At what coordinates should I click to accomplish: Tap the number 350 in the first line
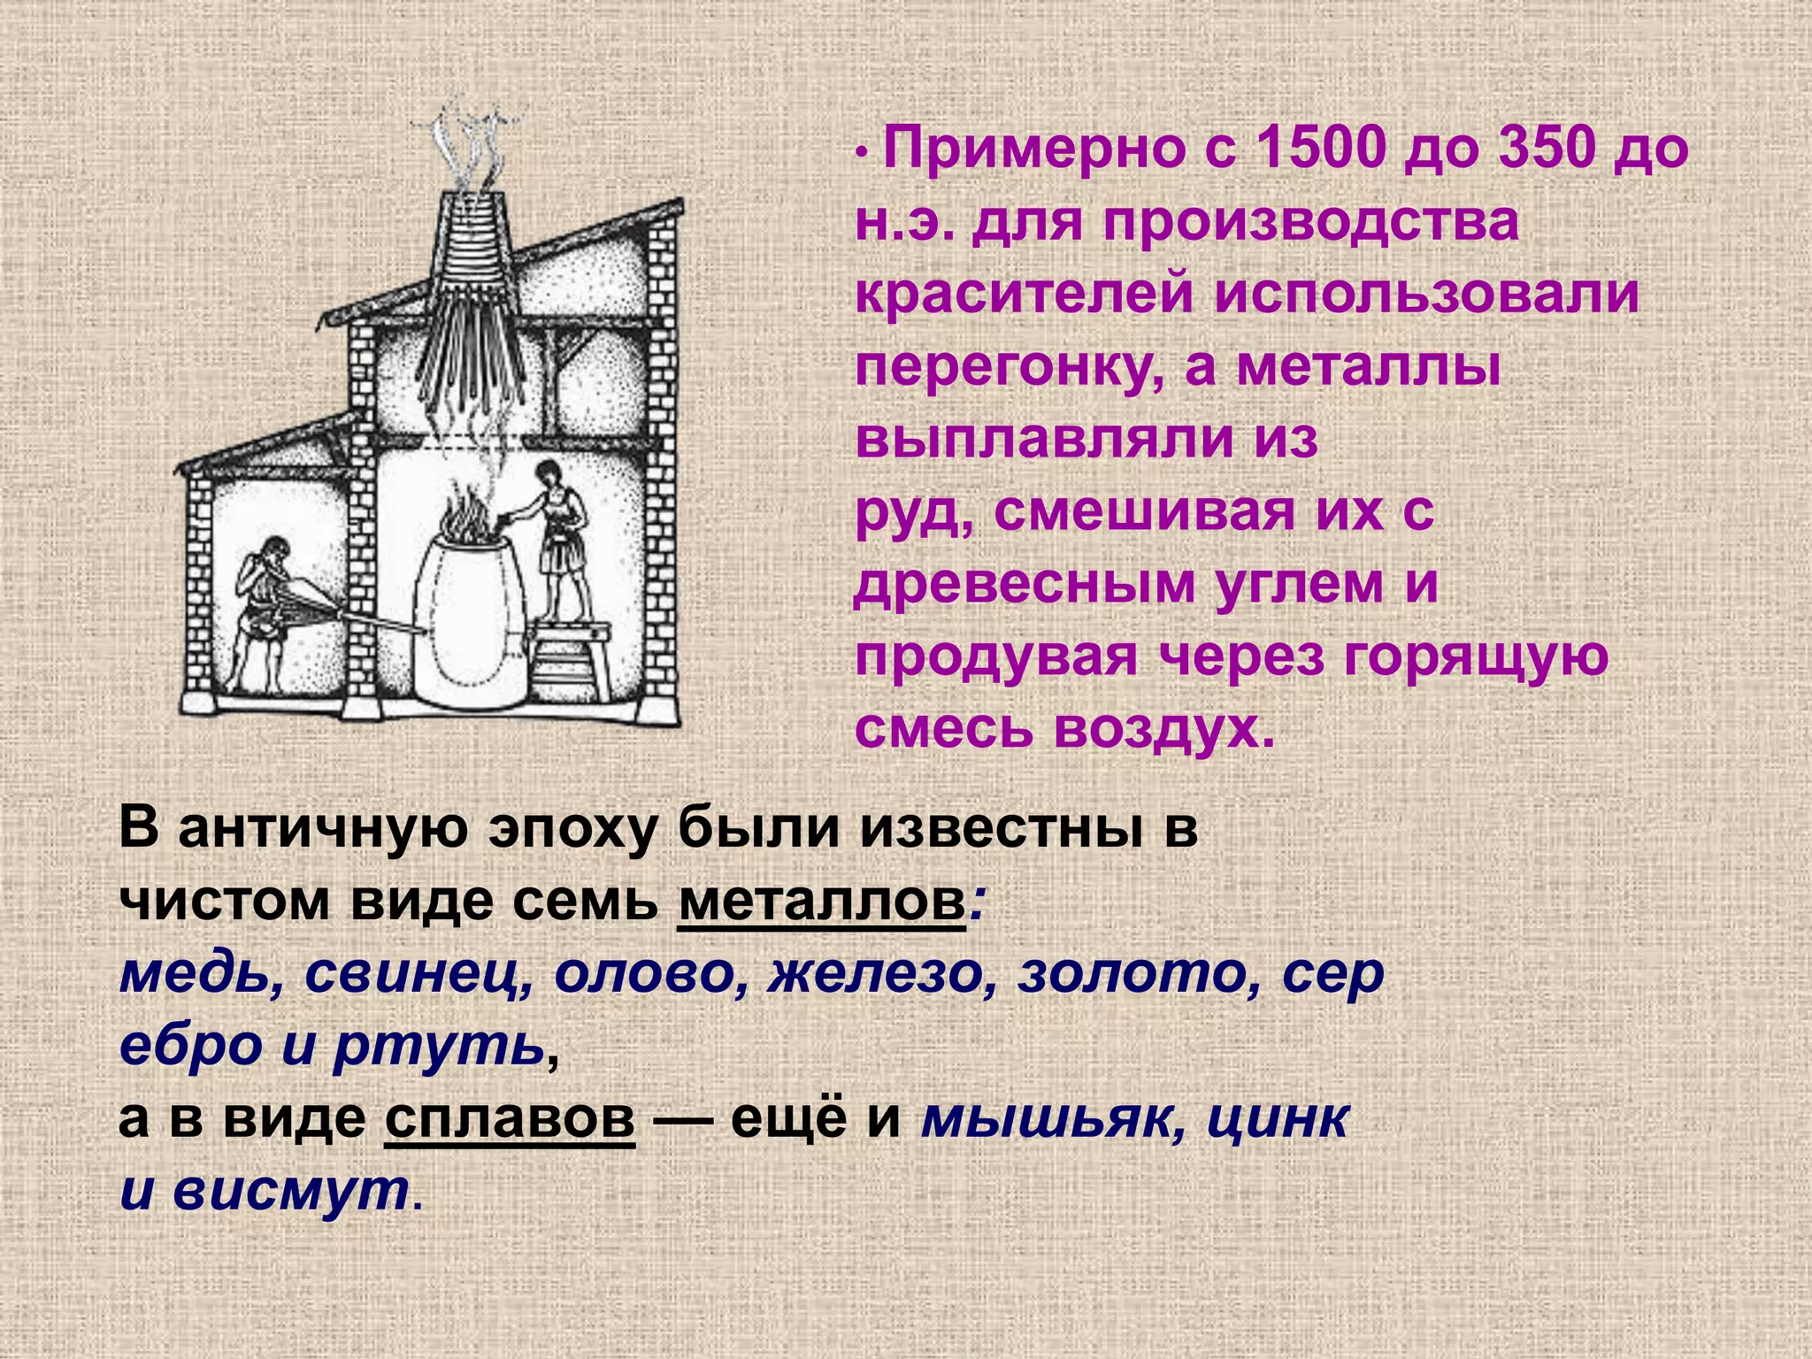1534,149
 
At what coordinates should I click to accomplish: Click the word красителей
1026,295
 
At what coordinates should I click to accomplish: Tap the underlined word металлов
820,902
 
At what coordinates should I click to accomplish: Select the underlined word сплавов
510,1119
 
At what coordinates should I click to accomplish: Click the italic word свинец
418,974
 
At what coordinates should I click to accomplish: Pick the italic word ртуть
439,1047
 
